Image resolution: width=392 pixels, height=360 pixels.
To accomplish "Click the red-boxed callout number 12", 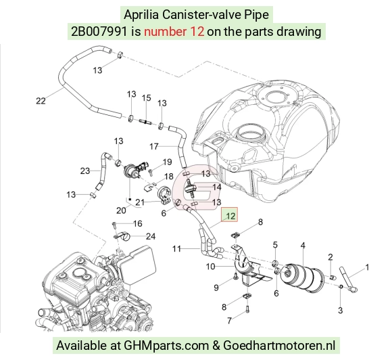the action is pos(230,216).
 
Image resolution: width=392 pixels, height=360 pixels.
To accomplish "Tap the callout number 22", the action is pos(41,101).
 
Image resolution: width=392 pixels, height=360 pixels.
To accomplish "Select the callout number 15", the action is pos(147,97).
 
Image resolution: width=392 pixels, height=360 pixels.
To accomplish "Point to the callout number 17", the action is pos(154,146).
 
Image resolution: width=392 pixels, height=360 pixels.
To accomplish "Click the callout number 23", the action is pos(85,171).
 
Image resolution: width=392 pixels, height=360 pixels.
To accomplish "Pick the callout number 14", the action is pos(217,187).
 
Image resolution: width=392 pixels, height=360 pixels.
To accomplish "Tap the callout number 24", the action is pos(151,236).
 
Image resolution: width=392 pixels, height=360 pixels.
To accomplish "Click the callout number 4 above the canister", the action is pos(303,245).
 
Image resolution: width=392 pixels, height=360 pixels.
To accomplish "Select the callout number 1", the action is pos(367,267).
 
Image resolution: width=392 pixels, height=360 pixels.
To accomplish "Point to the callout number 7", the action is pos(230,321).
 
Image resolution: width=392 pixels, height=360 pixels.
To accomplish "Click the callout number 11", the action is pos(177,249).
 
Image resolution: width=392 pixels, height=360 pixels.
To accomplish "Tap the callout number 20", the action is pos(121,210).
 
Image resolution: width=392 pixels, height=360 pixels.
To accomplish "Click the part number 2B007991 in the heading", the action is pos(99,32).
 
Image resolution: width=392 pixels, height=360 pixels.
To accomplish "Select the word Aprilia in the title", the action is pos(141,14).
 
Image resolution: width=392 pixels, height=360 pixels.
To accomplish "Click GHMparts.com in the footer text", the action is pos(166,346).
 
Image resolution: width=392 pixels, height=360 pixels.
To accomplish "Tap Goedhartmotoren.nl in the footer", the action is pos(279,346).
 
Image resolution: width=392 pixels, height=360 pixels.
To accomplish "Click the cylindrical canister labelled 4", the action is pos(302,277).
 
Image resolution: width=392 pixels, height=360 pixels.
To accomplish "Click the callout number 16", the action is pos(137,223).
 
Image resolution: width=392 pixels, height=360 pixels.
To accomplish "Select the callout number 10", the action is pos(210,267).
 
